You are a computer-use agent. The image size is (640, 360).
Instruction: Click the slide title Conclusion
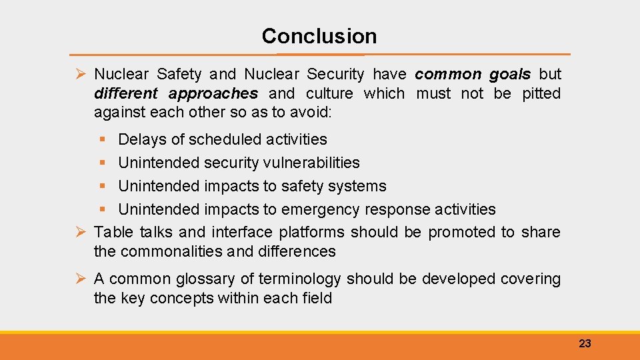click(x=319, y=36)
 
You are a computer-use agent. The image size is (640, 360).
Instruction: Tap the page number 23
click(x=585, y=344)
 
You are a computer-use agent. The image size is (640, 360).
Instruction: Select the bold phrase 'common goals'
click(x=473, y=74)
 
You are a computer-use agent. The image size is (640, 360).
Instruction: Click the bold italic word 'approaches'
click(x=213, y=93)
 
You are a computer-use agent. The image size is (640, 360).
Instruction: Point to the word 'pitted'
click(x=541, y=93)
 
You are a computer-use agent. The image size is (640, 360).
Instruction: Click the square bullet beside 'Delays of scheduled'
click(x=101, y=140)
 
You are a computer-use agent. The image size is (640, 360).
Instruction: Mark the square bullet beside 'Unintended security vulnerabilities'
click(x=101, y=163)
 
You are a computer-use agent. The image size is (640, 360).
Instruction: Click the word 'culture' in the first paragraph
click(x=330, y=93)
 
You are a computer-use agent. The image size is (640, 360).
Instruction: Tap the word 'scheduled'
click(x=223, y=139)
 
